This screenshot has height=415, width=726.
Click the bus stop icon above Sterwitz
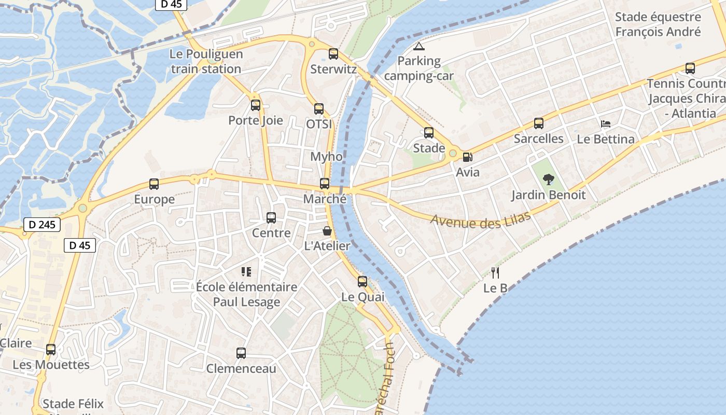click(x=333, y=53)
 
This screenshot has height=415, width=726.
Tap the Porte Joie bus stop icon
click(x=256, y=105)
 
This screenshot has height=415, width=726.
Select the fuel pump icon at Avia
click(x=467, y=157)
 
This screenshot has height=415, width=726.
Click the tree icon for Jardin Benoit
click(x=548, y=180)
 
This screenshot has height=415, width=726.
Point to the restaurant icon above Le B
click(x=495, y=273)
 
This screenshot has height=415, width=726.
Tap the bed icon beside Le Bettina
click(x=606, y=124)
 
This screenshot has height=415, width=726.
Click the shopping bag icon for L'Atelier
click(x=327, y=231)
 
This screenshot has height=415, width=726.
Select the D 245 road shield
click(x=42, y=225)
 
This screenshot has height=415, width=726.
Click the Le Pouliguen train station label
click(x=206, y=62)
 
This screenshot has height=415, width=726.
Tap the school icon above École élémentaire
click(x=246, y=271)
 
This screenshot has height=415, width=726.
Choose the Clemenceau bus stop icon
click(x=241, y=353)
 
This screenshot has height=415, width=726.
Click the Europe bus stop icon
click(x=154, y=184)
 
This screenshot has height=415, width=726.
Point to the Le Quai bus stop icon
click(x=362, y=282)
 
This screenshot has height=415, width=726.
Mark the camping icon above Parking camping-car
click(x=418, y=46)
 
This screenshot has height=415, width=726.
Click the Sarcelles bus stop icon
click(x=539, y=123)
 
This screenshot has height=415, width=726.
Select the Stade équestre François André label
click(x=658, y=24)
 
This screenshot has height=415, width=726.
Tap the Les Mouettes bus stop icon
click(x=51, y=350)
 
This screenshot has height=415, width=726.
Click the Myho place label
click(x=326, y=157)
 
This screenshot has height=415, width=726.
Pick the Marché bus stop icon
click(x=325, y=183)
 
